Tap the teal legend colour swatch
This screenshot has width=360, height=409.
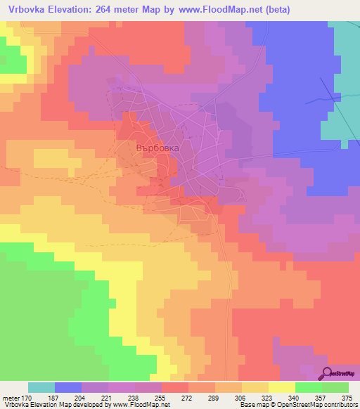point(41,388)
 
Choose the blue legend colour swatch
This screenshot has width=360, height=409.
point(68,388)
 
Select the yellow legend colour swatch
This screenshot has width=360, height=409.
point(282,388)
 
